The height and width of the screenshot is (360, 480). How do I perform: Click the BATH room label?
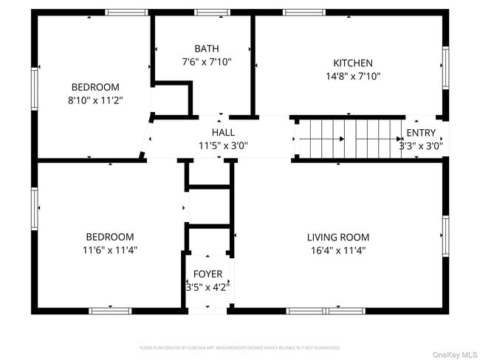pos(206,49)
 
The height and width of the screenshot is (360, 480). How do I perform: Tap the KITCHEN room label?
pos(352,63)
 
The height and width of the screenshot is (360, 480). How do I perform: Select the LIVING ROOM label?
pos(338,238)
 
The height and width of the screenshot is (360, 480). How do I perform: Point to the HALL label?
pos(223,133)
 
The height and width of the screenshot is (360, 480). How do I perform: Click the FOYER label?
pos(208,274)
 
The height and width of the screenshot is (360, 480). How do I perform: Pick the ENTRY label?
pos(421,133)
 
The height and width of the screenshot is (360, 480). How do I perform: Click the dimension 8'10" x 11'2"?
pos(95,100)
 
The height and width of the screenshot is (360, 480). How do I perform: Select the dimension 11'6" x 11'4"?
pos(110,250)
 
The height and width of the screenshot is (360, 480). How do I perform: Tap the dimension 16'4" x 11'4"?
pos(338,250)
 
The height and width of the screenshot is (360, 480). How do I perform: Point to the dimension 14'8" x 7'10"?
pos(353,76)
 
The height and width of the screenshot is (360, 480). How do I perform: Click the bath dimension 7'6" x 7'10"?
pos(206,62)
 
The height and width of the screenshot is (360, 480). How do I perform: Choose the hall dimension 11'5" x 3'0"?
pos(223,145)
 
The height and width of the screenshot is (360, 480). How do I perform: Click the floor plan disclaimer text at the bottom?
pos(239,347)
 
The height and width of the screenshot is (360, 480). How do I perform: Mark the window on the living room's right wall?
pos(445,236)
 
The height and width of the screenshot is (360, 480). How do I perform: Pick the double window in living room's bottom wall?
pos(325,311)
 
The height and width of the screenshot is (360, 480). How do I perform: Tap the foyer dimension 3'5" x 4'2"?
pos(208,287)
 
